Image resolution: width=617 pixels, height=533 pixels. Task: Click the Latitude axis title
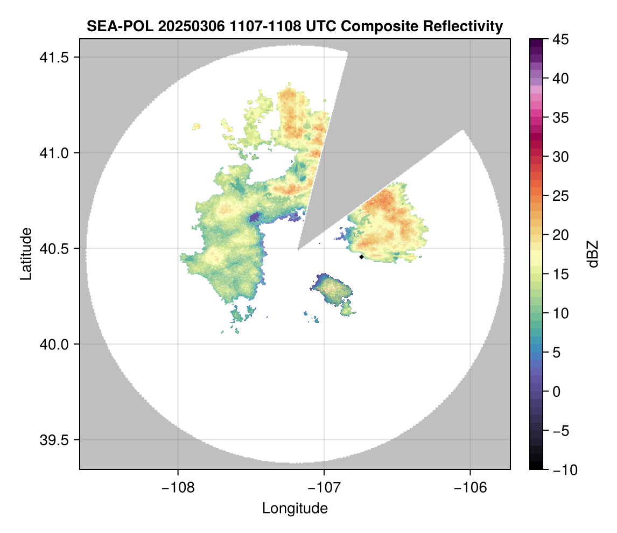(25, 254)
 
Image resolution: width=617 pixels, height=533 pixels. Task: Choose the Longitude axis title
(295, 508)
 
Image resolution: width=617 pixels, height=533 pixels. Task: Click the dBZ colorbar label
(593, 254)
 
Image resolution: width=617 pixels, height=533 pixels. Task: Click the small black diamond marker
(361, 257)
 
